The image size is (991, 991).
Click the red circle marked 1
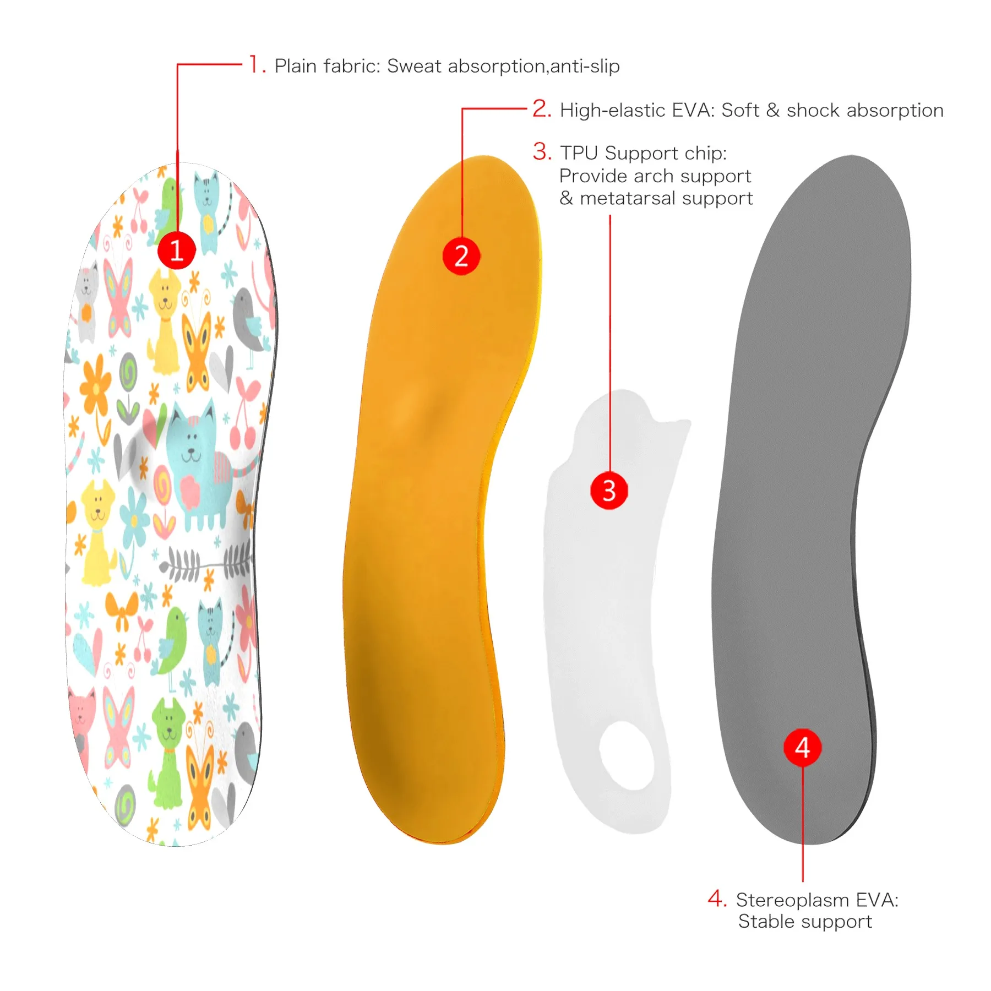[x=177, y=251]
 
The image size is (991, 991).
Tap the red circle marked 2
[x=461, y=256]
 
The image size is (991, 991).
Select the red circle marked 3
[x=609, y=490]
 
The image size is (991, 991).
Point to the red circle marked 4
[x=802, y=748]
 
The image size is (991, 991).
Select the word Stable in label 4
[x=764, y=922]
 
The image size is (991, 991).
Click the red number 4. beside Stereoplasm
[x=717, y=899]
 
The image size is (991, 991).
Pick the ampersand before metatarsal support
[x=566, y=198]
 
